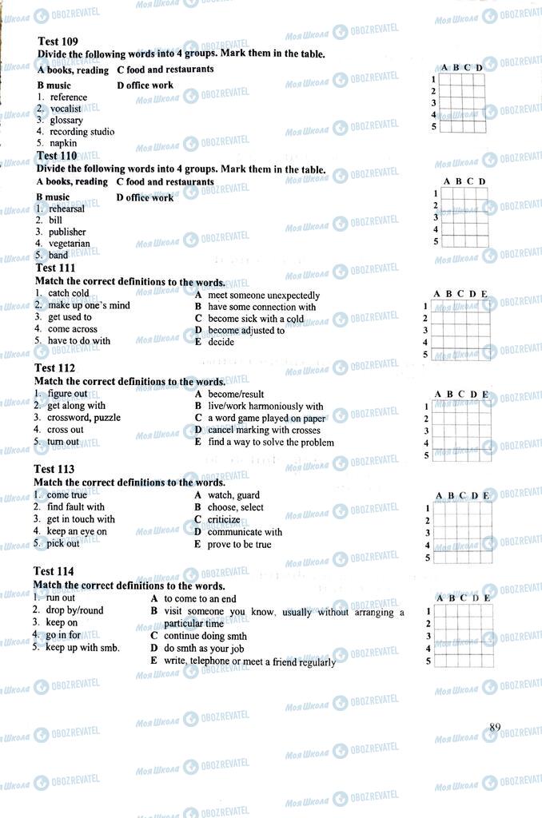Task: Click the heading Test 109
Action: [58, 41]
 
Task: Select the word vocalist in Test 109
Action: [65, 109]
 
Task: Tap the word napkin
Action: [63, 144]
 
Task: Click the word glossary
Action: [66, 120]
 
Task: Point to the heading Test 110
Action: [57, 156]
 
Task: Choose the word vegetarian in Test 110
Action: [69, 244]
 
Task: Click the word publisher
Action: [67, 232]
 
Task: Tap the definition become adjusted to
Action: [245, 330]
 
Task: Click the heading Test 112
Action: [54, 368]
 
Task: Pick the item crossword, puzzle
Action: [84, 417]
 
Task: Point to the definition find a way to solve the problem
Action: [270, 442]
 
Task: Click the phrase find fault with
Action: [76, 506]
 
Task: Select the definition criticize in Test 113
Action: [224, 519]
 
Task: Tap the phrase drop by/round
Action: [74, 610]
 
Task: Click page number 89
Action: [495, 727]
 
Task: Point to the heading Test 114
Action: [54, 571]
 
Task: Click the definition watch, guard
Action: [233, 494]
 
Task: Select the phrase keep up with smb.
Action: [82, 647]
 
